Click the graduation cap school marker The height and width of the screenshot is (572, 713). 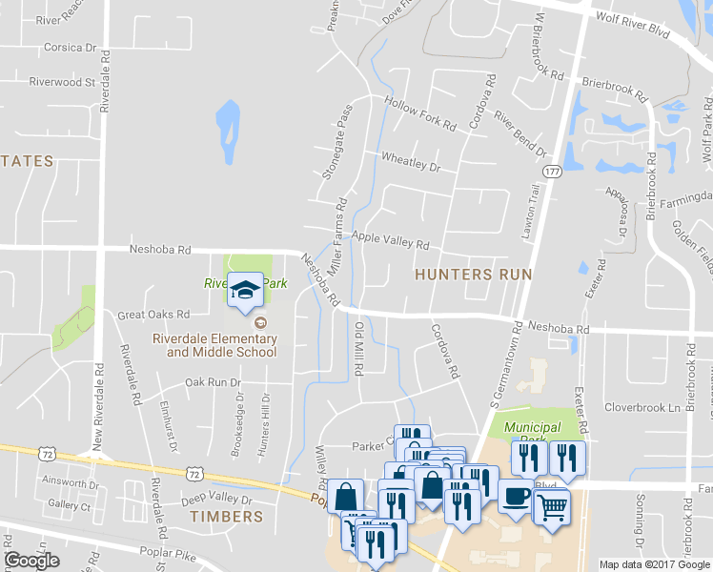tap(245, 289)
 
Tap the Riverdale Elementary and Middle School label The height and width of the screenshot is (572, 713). tap(222, 345)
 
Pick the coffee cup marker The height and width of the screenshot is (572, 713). tap(515, 497)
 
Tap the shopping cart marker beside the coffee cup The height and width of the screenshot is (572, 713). tap(551, 508)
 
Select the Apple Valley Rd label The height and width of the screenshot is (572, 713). tap(391, 239)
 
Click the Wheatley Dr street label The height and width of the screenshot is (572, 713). tap(410, 161)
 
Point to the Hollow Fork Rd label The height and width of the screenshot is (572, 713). tap(419, 112)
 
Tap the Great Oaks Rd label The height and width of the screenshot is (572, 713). tap(153, 314)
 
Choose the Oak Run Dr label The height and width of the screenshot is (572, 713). tap(213, 382)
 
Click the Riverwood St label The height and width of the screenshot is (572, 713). tap(63, 82)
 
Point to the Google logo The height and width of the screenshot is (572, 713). tap(31, 561)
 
